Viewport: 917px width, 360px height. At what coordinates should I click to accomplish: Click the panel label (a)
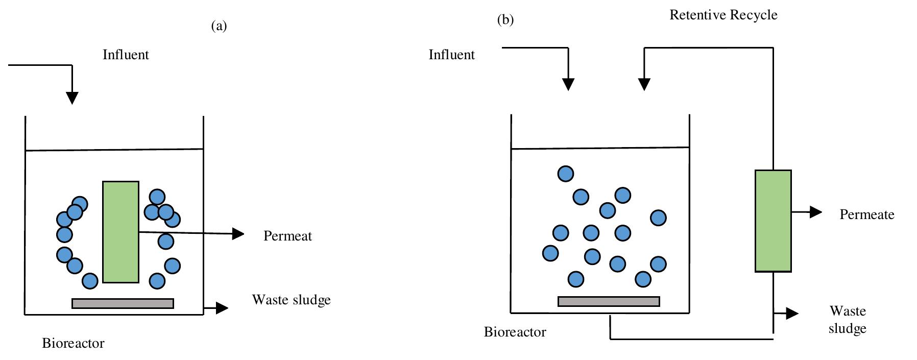[219, 26]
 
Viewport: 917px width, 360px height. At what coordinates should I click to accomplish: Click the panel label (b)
[505, 20]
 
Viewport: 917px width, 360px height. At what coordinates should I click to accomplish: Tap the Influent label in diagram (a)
[126, 55]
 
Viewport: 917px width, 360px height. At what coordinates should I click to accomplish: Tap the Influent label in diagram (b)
[451, 55]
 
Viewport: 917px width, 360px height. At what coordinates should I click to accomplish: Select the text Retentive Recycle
[723, 15]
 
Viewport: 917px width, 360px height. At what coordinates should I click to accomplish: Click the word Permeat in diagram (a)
[287, 236]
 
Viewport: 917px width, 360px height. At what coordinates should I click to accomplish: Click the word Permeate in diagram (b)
[866, 214]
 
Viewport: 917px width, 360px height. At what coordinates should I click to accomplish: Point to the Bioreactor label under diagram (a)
[73, 343]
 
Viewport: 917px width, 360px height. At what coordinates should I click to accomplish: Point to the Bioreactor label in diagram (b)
[515, 332]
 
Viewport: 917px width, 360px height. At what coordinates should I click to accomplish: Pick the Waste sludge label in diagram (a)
[291, 300]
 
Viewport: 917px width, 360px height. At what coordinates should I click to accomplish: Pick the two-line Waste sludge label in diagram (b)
[847, 319]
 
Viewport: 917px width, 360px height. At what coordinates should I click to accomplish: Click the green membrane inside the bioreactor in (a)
[120, 232]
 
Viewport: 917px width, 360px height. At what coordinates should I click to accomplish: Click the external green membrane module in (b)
[773, 221]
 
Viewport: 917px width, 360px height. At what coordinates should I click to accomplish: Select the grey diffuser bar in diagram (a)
[123, 303]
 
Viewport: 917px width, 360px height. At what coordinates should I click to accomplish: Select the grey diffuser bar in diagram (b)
[609, 301]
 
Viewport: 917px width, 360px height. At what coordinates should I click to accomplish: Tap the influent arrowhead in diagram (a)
[72, 98]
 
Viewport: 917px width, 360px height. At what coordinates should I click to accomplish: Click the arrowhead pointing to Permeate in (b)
[815, 212]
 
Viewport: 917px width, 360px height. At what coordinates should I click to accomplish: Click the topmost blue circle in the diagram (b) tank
[566, 174]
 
